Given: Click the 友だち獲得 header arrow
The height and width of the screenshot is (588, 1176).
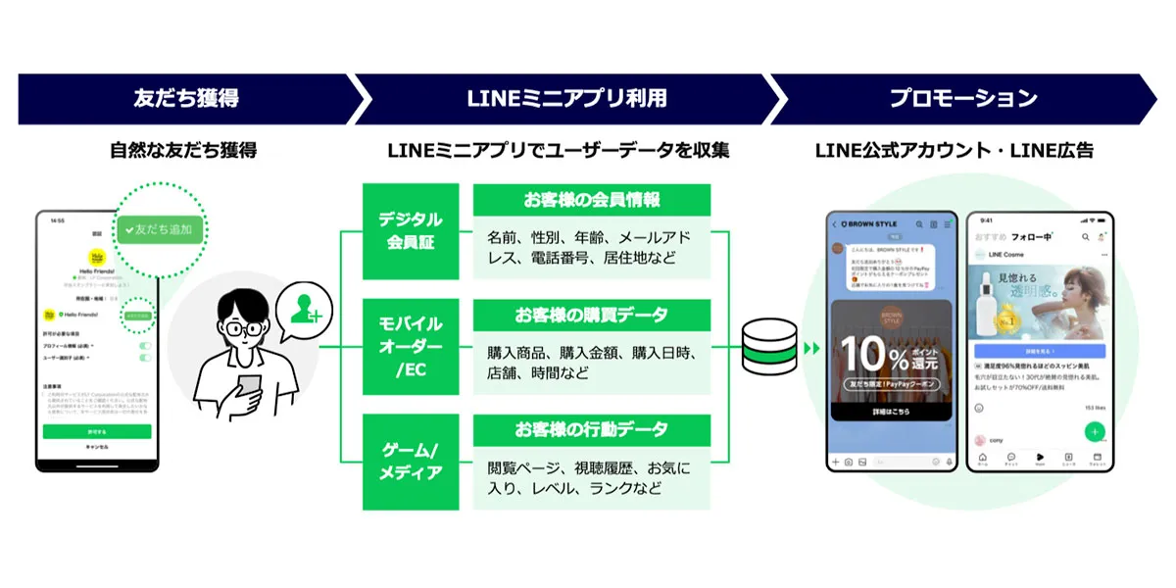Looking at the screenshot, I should (186, 98).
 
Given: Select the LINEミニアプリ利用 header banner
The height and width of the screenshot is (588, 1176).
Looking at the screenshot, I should (568, 98).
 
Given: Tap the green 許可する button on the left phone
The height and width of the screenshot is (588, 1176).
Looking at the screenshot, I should (97, 431).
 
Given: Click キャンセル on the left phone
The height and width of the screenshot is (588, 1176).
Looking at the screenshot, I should (97, 447).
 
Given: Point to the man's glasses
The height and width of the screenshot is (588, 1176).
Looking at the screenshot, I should (235, 328).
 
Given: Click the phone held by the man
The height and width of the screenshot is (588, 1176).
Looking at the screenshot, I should (251, 385).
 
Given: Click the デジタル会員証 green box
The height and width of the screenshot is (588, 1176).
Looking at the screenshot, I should (411, 231).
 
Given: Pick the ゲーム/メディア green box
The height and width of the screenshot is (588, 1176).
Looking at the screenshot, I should (411, 462).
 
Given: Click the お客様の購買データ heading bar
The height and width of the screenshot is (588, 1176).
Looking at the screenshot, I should (591, 316).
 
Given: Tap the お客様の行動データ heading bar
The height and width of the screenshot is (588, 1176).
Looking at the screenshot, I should (591, 430).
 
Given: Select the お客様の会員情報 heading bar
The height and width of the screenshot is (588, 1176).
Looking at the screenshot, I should (591, 200).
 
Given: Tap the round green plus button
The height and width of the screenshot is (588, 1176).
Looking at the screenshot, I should (1095, 431).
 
